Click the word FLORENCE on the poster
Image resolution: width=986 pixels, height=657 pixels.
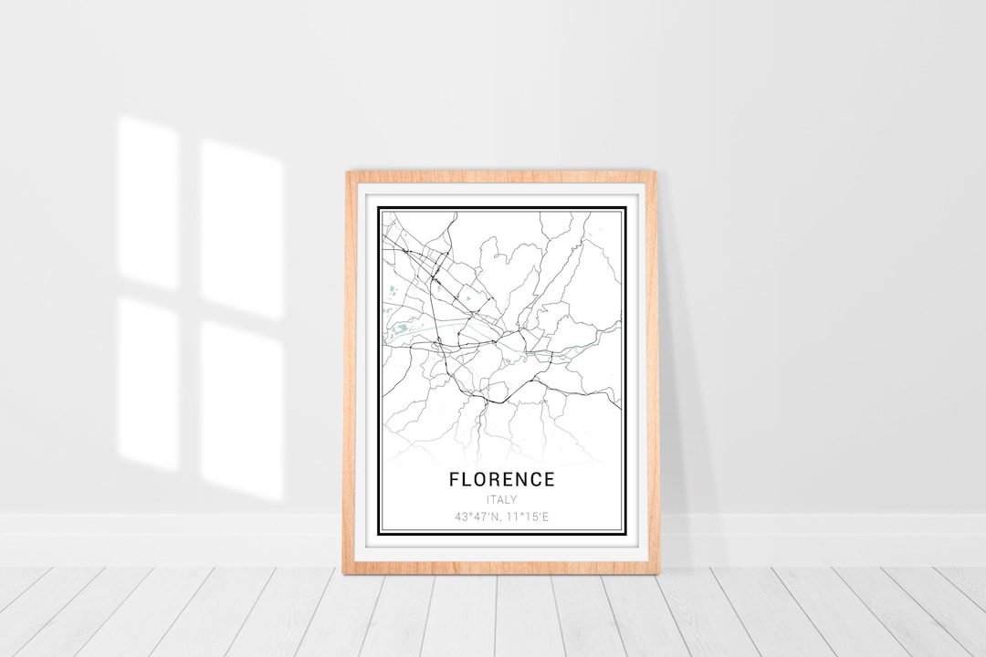pyautogui.click(x=501, y=479)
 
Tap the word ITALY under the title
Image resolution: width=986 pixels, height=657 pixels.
pyautogui.click(x=502, y=499)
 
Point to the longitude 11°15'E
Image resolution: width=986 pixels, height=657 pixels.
pyautogui.click(x=529, y=516)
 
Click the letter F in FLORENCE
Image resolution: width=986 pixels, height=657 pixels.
pyautogui.click(x=454, y=479)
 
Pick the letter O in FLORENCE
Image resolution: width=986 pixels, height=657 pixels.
pyautogui.click(x=480, y=479)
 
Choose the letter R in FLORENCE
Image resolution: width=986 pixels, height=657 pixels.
pyautogui.click(x=494, y=479)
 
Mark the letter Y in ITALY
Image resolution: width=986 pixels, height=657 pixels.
pyautogui.click(x=514, y=499)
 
